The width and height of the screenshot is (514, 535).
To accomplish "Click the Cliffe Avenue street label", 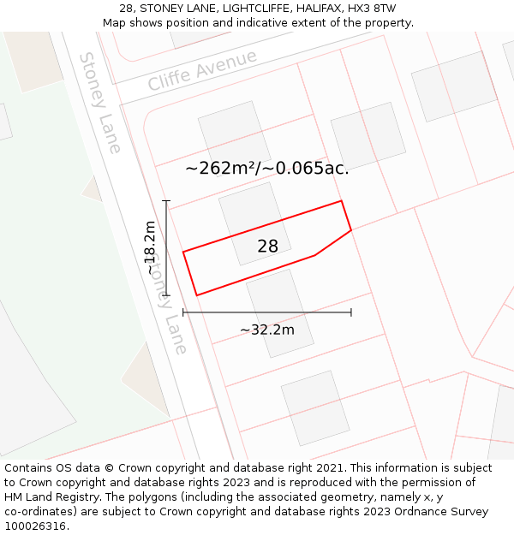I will tap(202, 70).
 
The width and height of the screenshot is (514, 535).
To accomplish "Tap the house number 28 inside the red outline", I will tap(267, 247).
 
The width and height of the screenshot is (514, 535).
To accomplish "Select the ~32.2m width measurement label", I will tap(266, 330).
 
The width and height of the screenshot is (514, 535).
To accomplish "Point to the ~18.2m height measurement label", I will tap(151, 247).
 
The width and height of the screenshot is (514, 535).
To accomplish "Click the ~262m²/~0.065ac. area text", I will tap(267, 168).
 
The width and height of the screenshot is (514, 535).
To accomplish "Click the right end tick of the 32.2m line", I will tap(351, 312).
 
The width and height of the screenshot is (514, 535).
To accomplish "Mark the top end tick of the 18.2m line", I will tap(166, 201).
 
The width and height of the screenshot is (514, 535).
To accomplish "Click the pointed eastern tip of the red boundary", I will tap(351, 229).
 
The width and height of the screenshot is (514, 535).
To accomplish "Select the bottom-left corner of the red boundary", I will tap(197, 295).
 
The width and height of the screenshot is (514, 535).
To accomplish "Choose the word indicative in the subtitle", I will tap(256, 23).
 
